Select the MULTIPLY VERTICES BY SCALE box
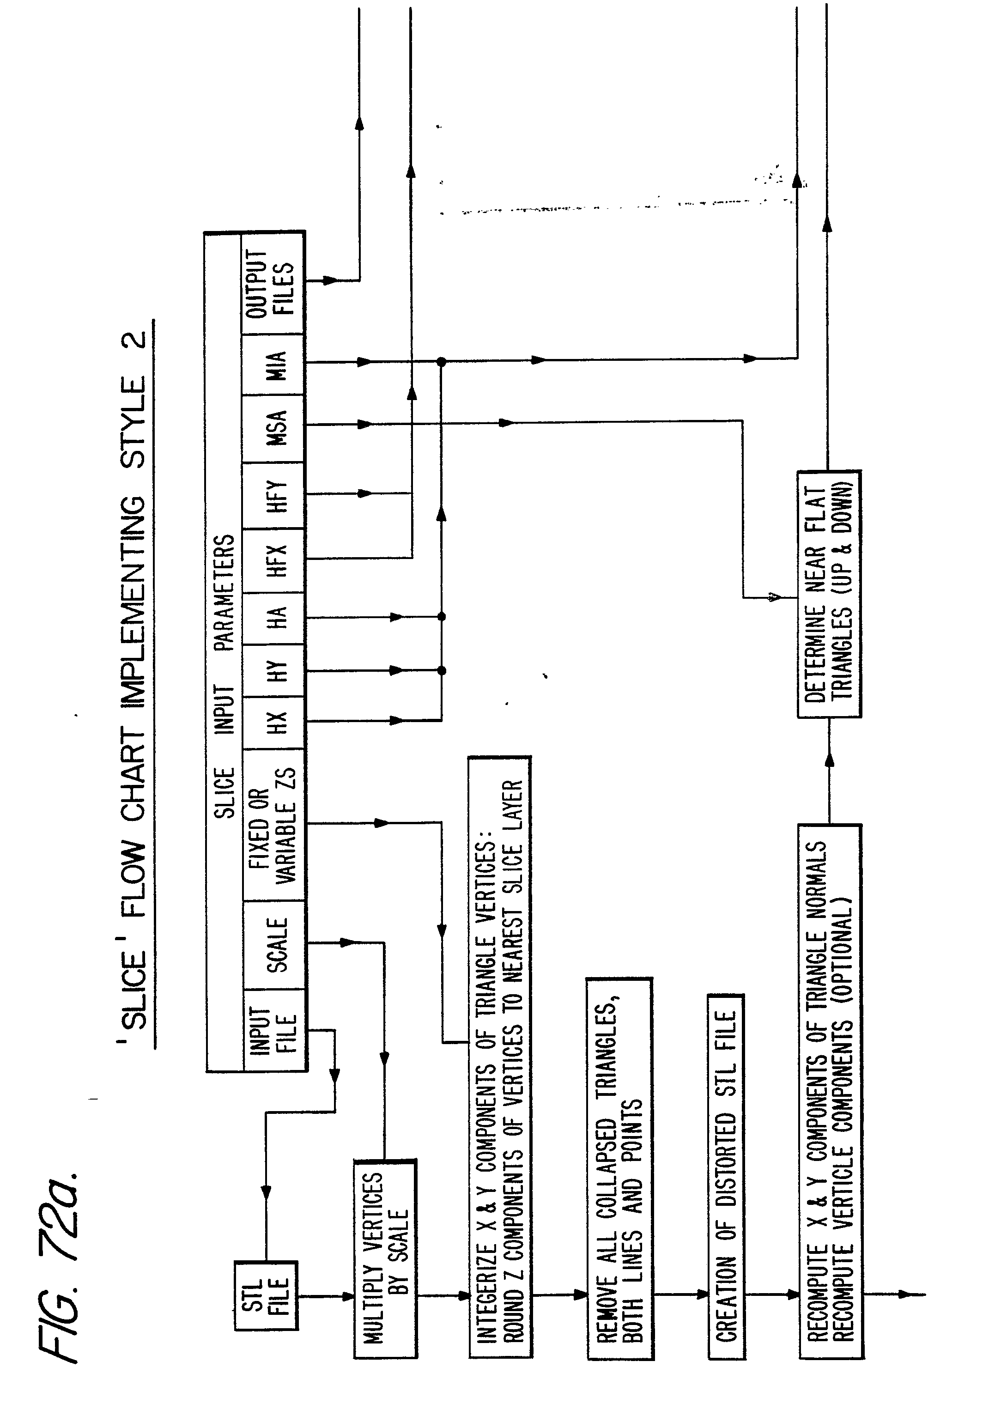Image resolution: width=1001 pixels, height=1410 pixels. click(385, 1258)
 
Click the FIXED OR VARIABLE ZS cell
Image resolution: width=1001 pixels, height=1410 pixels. click(273, 826)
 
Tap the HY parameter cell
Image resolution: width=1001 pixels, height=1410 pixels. click(275, 671)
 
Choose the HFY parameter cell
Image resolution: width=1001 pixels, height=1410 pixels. click(275, 496)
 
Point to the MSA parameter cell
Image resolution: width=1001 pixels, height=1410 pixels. click(275, 428)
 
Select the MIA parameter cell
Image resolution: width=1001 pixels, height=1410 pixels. click(275, 365)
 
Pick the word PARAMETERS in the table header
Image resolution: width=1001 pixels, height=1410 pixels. click(224, 592)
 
